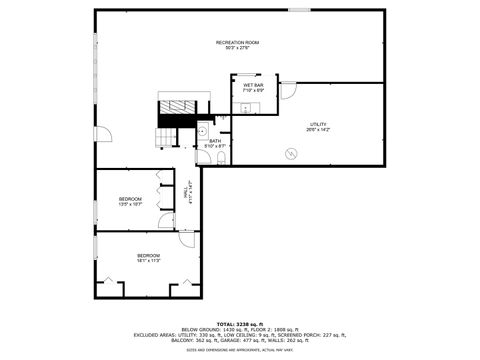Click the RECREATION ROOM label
(237, 43)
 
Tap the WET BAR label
(252, 87)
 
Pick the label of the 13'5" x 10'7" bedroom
(130, 201)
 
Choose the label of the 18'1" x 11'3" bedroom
(148, 258)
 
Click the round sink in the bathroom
(201, 130)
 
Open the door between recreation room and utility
(288, 91)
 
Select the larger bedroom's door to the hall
(186, 240)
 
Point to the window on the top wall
(298, 10)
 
